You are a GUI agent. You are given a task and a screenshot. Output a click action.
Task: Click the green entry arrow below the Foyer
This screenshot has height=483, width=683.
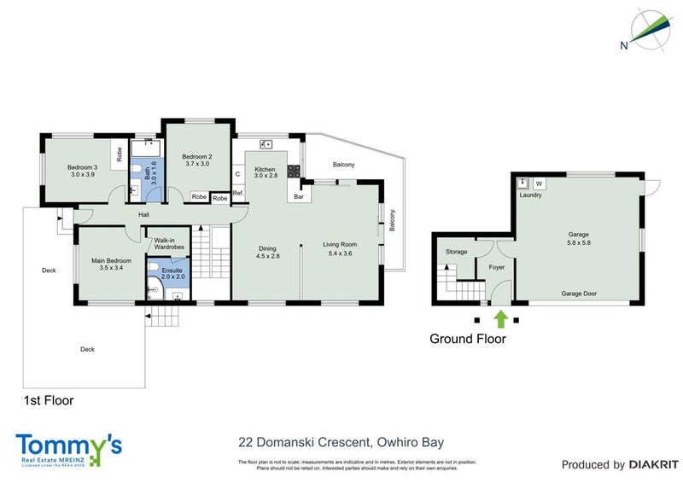click(x=501, y=319)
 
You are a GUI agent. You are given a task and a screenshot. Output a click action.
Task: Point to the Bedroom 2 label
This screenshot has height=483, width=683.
click(x=197, y=162)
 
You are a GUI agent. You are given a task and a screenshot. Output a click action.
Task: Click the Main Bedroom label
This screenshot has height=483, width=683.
click(x=111, y=265)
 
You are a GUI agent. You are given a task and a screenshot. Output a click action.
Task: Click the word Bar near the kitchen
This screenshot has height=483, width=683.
click(x=299, y=197)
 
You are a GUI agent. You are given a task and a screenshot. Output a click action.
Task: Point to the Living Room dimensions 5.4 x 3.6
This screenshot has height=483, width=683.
click(x=339, y=253)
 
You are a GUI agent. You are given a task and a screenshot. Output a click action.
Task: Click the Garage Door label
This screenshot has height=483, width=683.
click(x=579, y=294)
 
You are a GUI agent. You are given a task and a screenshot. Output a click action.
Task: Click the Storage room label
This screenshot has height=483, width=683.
click(x=456, y=252)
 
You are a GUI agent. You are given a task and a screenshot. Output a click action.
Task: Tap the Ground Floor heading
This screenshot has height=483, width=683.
click(x=467, y=339)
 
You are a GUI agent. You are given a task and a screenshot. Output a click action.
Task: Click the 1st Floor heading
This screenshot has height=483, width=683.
click(x=48, y=399)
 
